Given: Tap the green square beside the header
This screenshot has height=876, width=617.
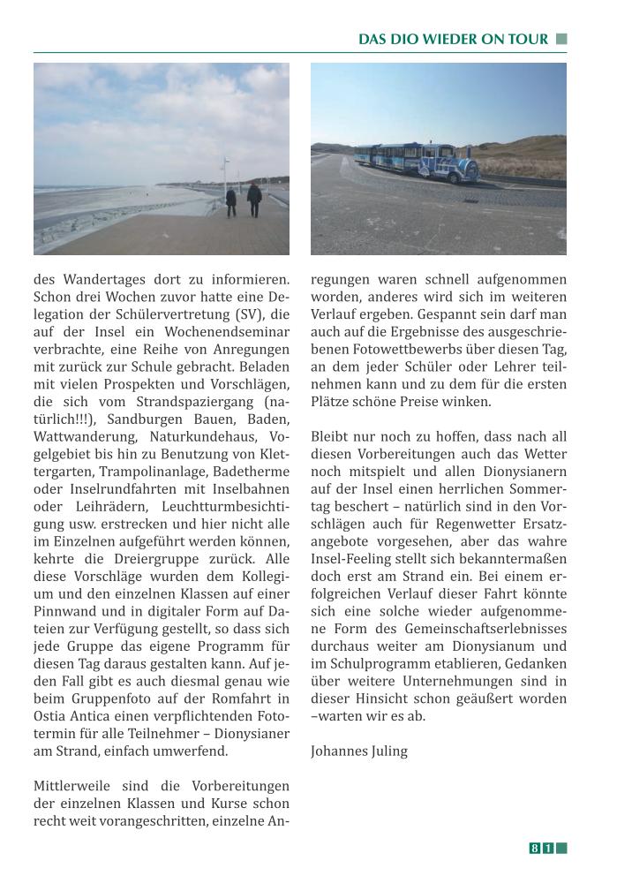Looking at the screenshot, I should (x=561, y=40).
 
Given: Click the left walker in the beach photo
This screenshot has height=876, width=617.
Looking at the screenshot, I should (x=231, y=202).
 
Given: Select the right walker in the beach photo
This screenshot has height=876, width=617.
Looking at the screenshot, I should (x=254, y=200).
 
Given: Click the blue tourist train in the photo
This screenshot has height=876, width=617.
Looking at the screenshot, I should (x=416, y=162).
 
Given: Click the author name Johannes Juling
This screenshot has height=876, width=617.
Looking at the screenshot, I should (x=359, y=751).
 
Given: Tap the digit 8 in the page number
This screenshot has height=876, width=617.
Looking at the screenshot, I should (x=535, y=849).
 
